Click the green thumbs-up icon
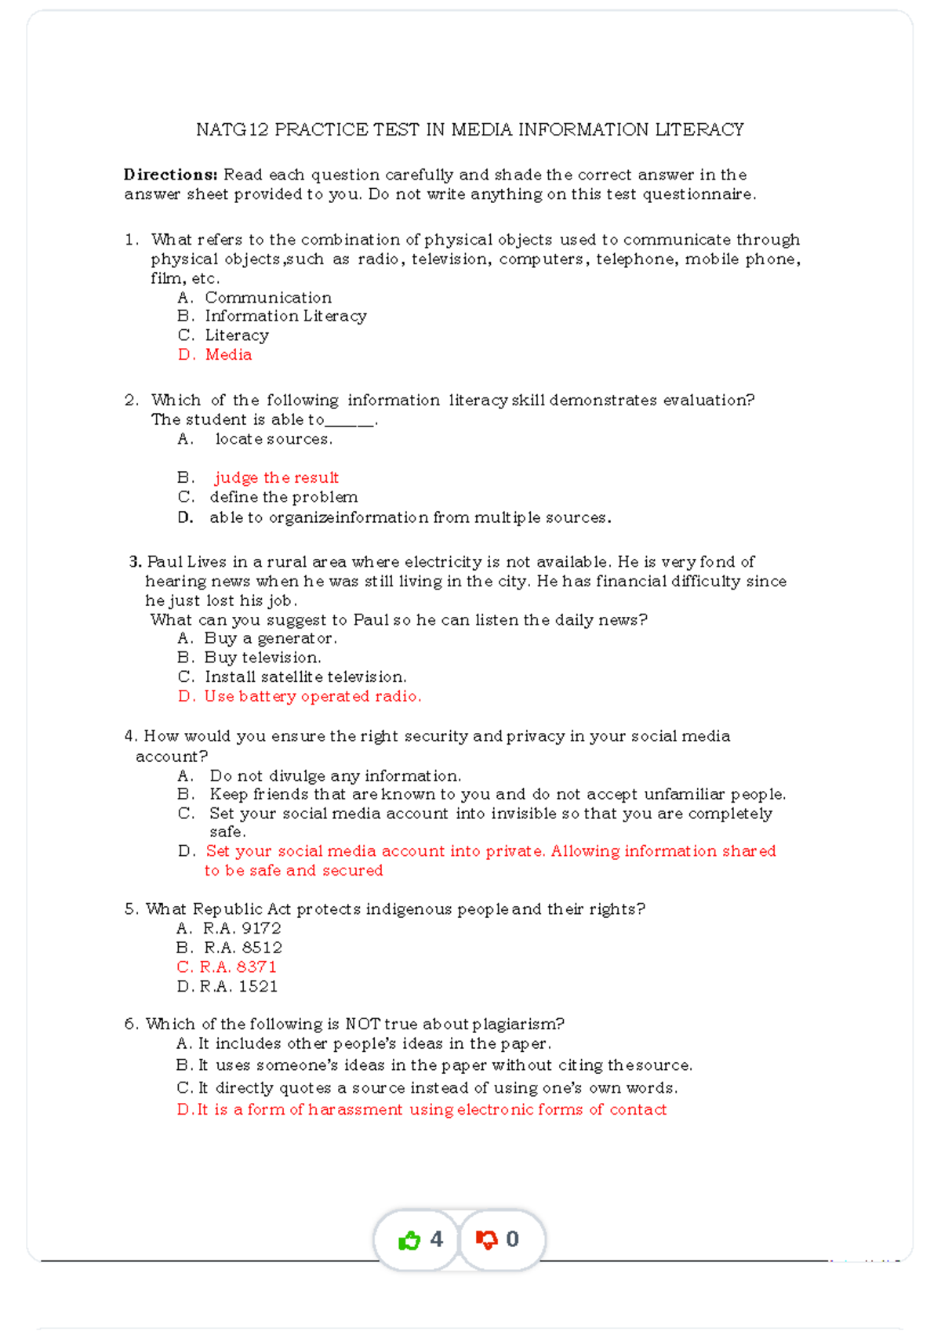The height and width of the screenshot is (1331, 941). click(409, 1240)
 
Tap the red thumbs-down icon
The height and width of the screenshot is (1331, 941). click(487, 1239)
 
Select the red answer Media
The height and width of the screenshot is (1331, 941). click(228, 354)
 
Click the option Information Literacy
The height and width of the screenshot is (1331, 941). click(285, 316)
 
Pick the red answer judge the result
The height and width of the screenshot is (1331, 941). click(276, 477)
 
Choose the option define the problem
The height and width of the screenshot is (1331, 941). click(283, 497)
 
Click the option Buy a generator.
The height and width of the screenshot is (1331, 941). click(271, 638)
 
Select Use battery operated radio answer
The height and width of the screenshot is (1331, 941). click(312, 696)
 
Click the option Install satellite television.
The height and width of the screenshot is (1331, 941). click(305, 676)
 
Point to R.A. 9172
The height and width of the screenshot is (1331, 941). click(242, 928)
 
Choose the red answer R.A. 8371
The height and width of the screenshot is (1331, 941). click(238, 967)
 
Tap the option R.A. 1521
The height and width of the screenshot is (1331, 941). click(238, 986)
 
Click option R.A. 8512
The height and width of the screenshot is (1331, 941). click(242, 948)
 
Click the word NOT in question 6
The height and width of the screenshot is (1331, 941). click(362, 1024)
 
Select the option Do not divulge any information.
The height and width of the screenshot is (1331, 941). click(335, 776)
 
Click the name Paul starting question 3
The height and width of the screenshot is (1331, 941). click(164, 561)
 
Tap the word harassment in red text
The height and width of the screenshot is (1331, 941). click(354, 1109)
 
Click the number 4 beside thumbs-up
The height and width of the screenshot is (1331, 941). click(437, 1239)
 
